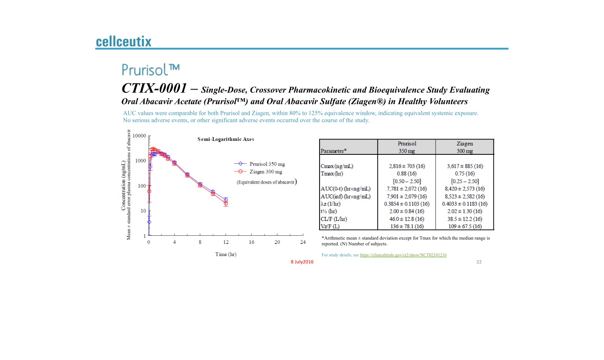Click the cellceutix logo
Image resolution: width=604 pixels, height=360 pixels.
[x=123, y=42]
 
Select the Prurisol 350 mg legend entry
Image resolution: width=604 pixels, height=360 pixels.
[x=267, y=164]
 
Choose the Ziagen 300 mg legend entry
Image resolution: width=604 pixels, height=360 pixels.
[x=266, y=171]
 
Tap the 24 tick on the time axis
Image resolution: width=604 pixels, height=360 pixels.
[x=303, y=243]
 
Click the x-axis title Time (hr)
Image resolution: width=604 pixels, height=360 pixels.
[x=225, y=254]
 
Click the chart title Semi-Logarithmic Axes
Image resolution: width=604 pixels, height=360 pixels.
[x=225, y=139]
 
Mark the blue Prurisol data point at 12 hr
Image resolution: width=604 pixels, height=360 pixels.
[x=225, y=199]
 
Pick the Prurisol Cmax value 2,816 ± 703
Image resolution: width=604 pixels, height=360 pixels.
[x=406, y=166]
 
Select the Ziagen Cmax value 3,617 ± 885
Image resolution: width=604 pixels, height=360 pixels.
[x=464, y=166]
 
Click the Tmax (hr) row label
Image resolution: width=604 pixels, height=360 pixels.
[x=332, y=174]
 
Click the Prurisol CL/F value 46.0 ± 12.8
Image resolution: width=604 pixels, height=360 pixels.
[x=406, y=219]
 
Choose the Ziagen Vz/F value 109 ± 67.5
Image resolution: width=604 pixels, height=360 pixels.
[x=464, y=226]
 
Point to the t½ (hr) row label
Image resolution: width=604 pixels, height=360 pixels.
[x=329, y=211]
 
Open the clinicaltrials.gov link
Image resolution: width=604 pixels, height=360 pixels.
[x=403, y=255]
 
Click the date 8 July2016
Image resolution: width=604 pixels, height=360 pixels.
[x=302, y=262]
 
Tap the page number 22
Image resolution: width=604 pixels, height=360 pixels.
[x=479, y=262]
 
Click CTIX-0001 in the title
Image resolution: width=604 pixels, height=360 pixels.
[x=154, y=88]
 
